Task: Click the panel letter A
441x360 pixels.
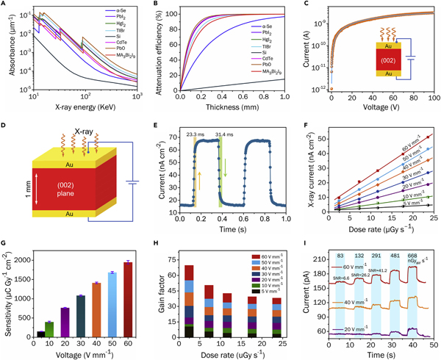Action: point(5,5)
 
